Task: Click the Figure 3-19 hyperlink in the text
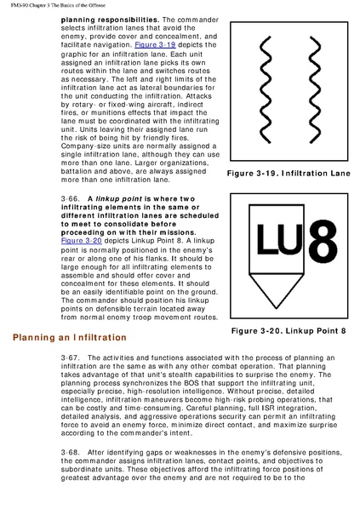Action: coord(155,45)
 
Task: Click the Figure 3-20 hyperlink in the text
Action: coord(81,241)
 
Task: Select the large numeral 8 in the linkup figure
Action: coord(323,243)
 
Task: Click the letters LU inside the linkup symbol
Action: coord(280,239)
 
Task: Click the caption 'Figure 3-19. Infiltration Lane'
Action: coord(289,174)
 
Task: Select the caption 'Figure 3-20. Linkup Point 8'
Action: coord(289,331)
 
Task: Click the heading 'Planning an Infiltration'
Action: coord(70,338)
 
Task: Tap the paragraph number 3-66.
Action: coord(70,198)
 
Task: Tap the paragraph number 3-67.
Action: coord(70,357)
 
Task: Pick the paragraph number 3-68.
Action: coord(70,452)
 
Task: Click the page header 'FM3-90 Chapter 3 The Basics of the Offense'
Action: coord(58,5)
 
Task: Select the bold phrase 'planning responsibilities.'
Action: coord(110,20)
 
